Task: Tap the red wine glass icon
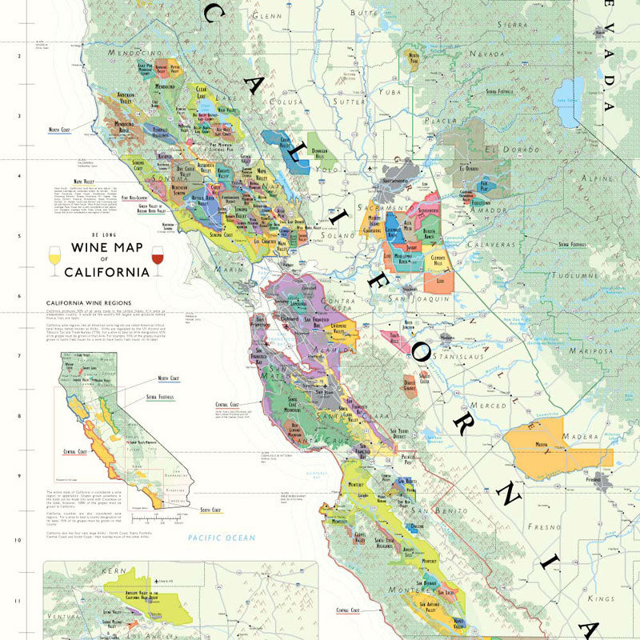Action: coord(157,261)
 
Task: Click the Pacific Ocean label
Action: coord(222,538)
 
